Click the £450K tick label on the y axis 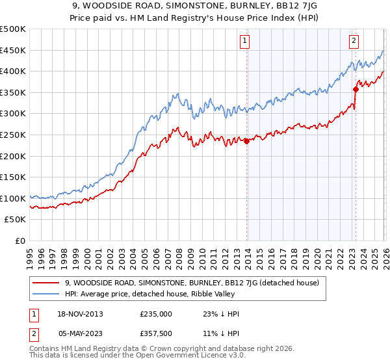13,50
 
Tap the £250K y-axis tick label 13,135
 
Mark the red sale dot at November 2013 246,141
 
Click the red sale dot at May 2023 356,89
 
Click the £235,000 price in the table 155,314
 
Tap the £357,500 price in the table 155,333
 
